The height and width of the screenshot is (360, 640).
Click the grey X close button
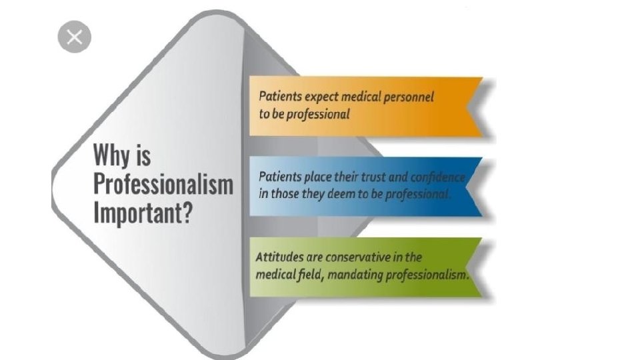[74, 36]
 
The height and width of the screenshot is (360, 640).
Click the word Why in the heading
[112, 156]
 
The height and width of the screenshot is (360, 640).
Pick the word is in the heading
[142, 156]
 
